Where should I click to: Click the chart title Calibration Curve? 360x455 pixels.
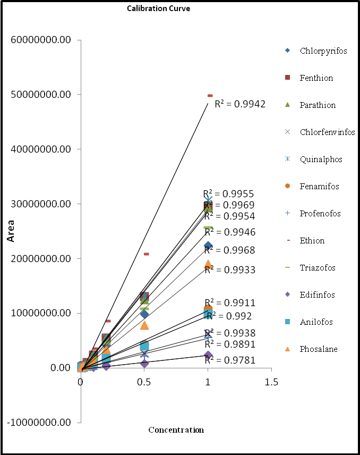(x=158, y=9)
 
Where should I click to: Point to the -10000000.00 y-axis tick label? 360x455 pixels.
(x=41, y=423)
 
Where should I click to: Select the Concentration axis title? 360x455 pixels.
(x=176, y=430)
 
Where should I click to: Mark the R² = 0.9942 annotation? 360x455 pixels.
(x=239, y=104)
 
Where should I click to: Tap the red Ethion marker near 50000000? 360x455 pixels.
(x=210, y=96)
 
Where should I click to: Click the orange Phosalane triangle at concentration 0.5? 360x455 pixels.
(x=144, y=325)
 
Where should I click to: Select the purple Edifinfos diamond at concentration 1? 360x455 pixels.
(x=208, y=355)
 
